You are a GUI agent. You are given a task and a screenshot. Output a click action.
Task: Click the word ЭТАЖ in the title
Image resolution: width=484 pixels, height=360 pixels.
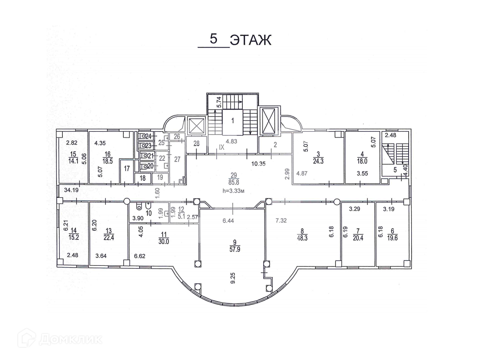(250, 40)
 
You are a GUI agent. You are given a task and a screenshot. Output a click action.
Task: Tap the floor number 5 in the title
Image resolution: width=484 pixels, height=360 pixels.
(214, 39)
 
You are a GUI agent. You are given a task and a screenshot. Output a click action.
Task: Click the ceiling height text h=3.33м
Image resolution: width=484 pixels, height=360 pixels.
(233, 191)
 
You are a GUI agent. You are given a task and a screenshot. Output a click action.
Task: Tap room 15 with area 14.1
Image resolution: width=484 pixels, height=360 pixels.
(72, 157)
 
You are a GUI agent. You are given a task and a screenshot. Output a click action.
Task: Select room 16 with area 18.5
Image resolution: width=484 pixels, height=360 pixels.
(108, 157)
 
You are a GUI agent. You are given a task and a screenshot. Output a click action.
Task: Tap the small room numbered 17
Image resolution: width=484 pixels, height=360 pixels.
(127, 169)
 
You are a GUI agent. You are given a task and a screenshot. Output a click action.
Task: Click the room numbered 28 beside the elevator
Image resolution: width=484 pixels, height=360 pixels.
(196, 144)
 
